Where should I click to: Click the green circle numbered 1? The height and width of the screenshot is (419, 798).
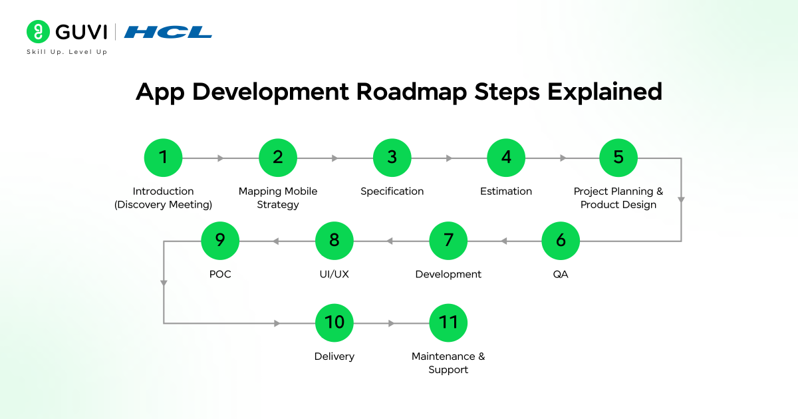pyautogui.click(x=163, y=158)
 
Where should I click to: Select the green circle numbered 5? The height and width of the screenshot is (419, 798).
pyautogui.click(x=618, y=158)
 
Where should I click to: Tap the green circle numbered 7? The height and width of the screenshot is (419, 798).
pyautogui.click(x=448, y=241)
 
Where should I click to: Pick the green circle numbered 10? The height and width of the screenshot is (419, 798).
pyautogui.click(x=334, y=323)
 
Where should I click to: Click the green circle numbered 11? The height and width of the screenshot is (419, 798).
pyautogui.click(x=448, y=323)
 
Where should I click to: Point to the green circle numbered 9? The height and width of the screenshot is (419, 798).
pyautogui.click(x=220, y=241)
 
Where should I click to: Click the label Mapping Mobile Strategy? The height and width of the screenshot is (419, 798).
pyautogui.click(x=278, y=198)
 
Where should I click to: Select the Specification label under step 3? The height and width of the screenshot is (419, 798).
pyautogui.click(x=392, y=192)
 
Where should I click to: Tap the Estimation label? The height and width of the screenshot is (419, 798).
pyautogui.click(x=506, y=192)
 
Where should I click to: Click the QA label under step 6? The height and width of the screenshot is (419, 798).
pyautogui.click(x=561, y=275)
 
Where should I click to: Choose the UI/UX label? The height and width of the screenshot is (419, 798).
pyautogui.click(x=334, y=275)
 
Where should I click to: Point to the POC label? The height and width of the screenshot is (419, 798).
pyautogui.click(x=220, y=275)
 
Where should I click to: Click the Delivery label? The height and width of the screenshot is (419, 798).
pyautogui.click(x=334, y=356)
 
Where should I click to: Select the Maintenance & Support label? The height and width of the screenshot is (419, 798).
pyautogui.click(x=448, y=363)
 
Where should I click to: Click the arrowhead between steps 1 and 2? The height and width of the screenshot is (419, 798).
pyautogui.click(x=221, y=158)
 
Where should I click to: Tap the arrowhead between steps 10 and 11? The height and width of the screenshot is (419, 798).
pyautogui.click(x=392, y=323)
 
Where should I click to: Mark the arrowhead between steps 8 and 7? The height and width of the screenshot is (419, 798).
pyautogui.click(x=390, y=241)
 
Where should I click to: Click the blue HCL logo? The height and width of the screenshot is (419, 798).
pyautogui.click(x=168, y=32)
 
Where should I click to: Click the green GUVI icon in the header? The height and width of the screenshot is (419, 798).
pyautogui.click(x=39, y=32)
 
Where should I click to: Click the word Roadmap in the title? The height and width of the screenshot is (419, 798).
pyautogui.click(x=412, y=92)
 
